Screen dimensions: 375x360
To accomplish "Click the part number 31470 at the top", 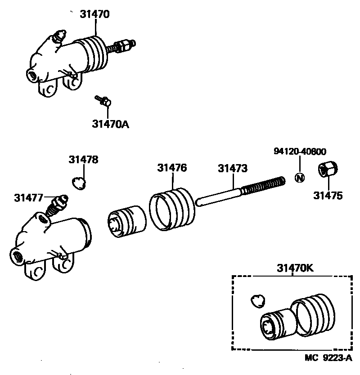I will [x=95, y=14].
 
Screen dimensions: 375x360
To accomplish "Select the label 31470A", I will [x=111, y=124].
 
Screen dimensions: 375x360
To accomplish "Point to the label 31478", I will [x=84, y=159].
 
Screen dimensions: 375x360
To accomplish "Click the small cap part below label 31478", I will [x=80, y=182].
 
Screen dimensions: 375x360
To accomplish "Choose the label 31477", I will [x=28, y=197].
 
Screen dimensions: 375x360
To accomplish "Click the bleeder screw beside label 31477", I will [x=56, y=204].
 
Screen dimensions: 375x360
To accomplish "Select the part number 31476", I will [x=172, y=168].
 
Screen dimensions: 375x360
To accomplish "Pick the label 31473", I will [x=233, y=169].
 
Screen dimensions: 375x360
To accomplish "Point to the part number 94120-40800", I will [x=300, y=152].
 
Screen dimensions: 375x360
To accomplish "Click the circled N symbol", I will [x=300, y=177].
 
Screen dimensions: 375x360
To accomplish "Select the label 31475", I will [x=328, y=196].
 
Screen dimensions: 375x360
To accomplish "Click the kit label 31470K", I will [x=293, y=268].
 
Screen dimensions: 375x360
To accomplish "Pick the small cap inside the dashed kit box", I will [x=258, y=300].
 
